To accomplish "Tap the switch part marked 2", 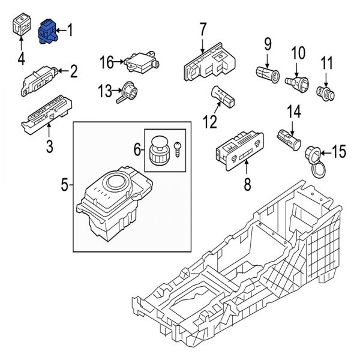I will pyautogui.click(x=41, y=78).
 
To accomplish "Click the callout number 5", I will pyautogui.click(x=64, y=186).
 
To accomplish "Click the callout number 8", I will pyautogui.click(x=247, y=185).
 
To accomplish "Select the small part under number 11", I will pyautogui.click(x=325, y=92).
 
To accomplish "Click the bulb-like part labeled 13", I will pyautogui.click(x=130, y=91).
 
